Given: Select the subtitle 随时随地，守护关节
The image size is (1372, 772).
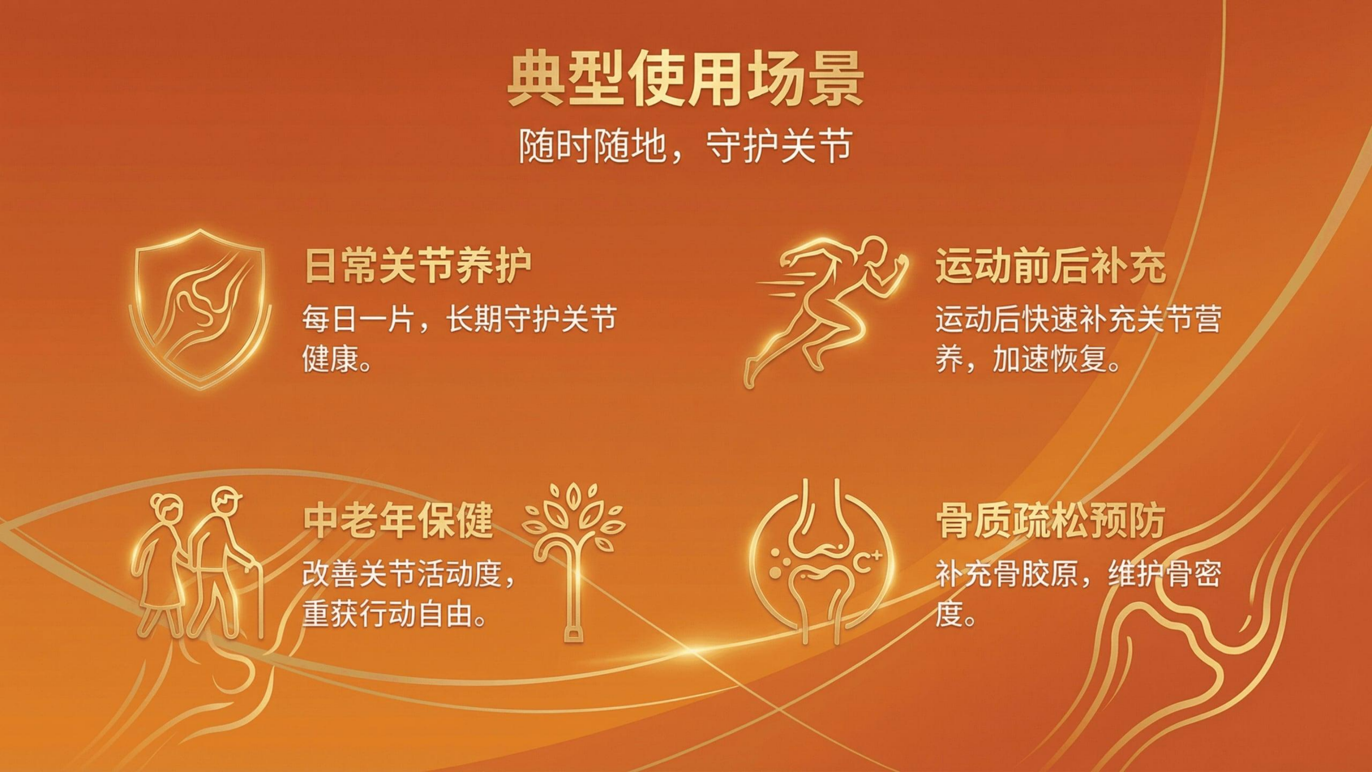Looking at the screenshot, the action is coord(686,145).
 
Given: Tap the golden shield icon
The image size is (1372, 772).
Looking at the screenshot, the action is coord(200,309).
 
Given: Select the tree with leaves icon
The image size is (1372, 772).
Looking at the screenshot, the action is coord(574,559).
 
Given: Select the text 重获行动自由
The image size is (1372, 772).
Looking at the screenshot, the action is coord(388,615).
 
